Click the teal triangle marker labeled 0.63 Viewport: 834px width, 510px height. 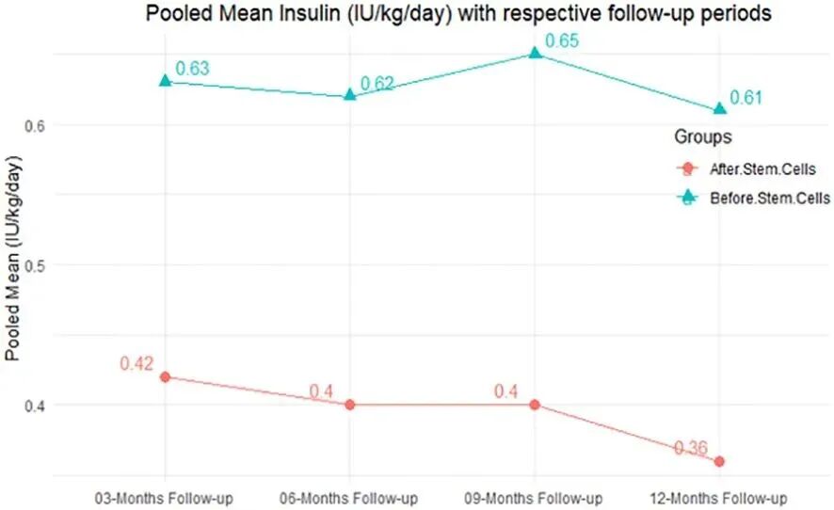166,81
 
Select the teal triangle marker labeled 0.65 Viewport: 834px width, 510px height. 535,54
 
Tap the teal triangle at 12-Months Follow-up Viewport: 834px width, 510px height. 719,109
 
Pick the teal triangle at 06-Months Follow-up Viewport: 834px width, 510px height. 350,95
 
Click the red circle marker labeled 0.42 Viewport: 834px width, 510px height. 166,376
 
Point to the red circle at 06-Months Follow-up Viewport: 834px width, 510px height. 350,405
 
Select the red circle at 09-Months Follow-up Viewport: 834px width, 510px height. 535,405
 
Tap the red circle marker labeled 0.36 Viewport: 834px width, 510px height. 719,461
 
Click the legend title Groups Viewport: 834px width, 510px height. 702,137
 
